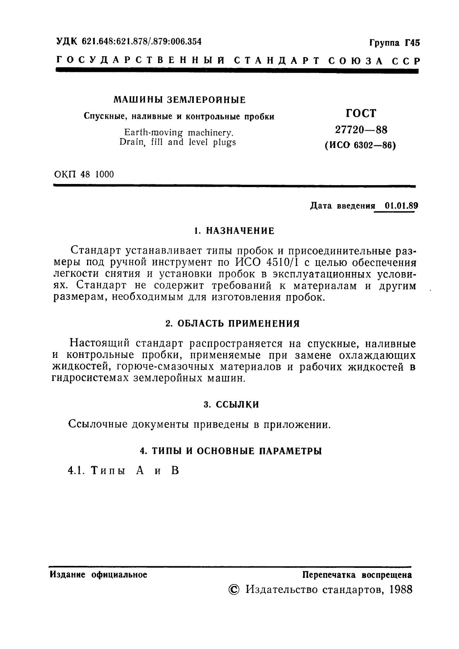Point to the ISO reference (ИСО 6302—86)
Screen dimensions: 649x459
[x=360, y=145]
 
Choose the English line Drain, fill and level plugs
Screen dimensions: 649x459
[x=177, y=142]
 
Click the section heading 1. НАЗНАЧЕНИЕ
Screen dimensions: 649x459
[x=234, y=231]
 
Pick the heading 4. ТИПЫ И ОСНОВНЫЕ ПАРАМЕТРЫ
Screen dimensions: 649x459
[x=231, y=451]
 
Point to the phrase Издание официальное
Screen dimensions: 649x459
[x=99, y=575]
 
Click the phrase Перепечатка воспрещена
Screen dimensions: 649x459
[x=357, y=575]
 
